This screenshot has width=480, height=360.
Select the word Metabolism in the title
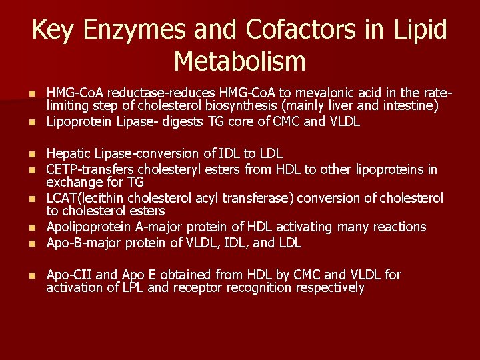[x=239, y=61]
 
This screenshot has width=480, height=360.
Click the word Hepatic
[x=68, y=153]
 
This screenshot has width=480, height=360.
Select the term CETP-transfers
[x=87, y=169]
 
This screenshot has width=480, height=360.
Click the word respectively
[x=333, y=288]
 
